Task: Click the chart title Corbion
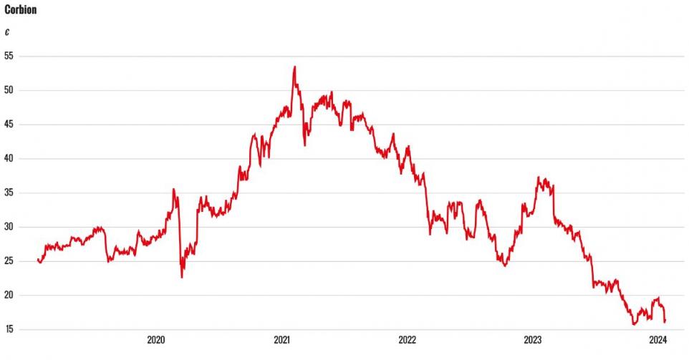pos(21,11)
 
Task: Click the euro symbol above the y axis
pos(7,32)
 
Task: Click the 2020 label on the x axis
pos(156,340)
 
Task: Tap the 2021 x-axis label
pos(281,340)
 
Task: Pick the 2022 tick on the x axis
pos(407,340)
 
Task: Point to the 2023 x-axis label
pos(532,340)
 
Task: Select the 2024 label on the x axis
pos(657,340)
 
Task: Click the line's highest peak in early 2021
pos(294,67)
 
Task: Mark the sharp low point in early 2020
pos(182,277)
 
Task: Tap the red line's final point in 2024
pos(665,321)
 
